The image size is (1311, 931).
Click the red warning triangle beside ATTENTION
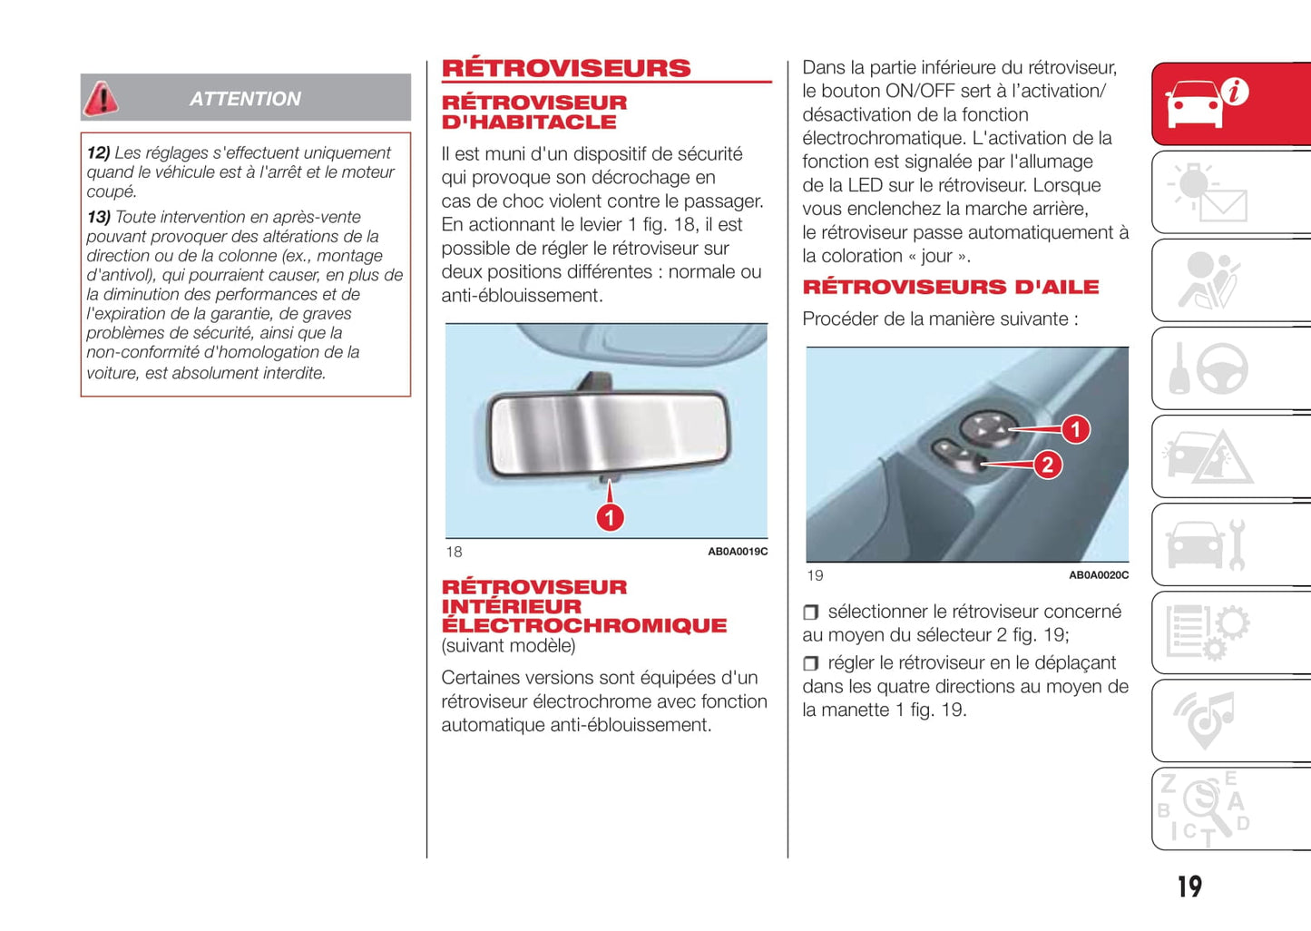click(101, 98)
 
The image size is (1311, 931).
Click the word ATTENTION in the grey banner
click(245, 99)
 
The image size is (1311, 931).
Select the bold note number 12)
click(98, 153)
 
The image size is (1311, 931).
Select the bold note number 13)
click(98, 218)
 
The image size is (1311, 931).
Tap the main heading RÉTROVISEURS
click(566, 68)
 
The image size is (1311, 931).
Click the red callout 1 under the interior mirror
click(610, 517)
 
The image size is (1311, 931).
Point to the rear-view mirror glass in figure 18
click(606, 433)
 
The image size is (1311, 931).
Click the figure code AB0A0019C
click(737, 552)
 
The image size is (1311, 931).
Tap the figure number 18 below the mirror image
click(454, 552)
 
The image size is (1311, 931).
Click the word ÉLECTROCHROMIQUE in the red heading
click(583, 625)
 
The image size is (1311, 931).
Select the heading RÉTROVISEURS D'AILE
click(950, 287)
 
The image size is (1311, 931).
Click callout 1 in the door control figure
click(1075, 429)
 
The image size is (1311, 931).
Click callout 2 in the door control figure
click(1047, 465)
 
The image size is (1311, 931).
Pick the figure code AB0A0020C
click(1098, 575)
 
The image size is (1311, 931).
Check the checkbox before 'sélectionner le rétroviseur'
click(810, 612)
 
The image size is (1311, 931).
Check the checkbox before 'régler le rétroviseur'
click(810, 663)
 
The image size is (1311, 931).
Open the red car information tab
click(1207, 103)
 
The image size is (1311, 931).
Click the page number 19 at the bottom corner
click(1189, 887)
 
